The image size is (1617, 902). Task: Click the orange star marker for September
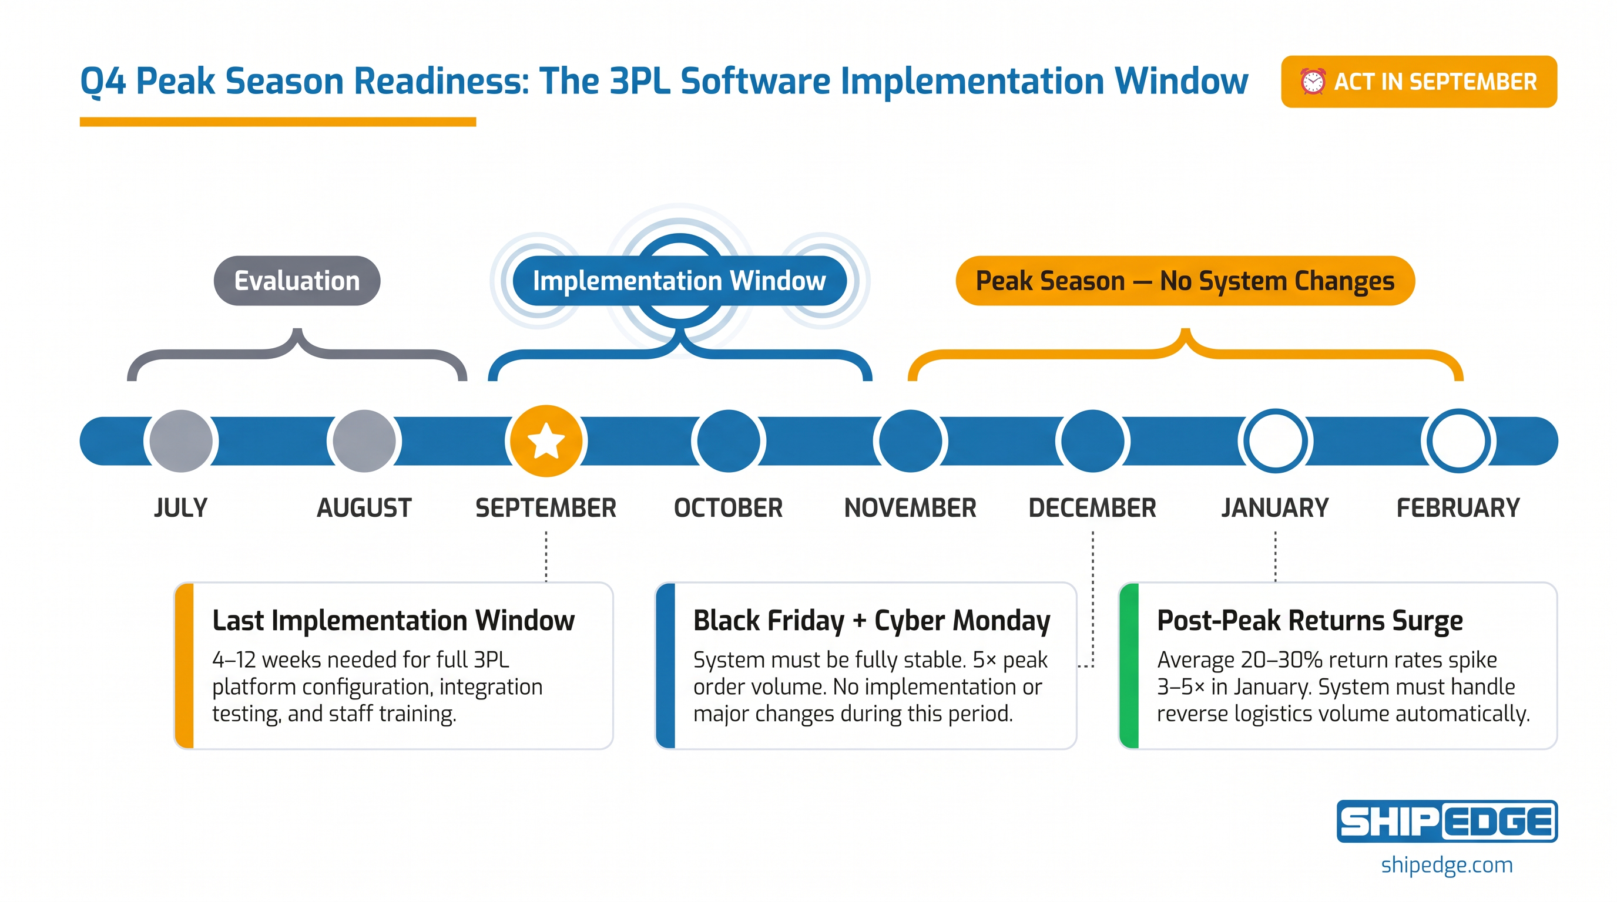pyautogui.click(x=545, y=441)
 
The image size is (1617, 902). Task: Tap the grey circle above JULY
pyautogui.click(x=181, y=441)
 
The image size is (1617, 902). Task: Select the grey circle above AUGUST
pyautogui.click(x=364, y=441)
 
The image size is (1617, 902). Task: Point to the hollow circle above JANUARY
pyautogui.click(x=1275, y=441)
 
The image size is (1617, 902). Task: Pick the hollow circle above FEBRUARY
pyautogui.click(x=1458, y=441)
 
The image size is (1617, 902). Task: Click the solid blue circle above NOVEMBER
pyautogui.click(x=910, y=441)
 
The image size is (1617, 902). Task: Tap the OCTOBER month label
pyautogui.click(x=728, y=508)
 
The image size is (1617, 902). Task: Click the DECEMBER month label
pyautogui.click(x=1092, y=508)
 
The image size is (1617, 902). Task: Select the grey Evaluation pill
pyautogui.click(x=297, y=280)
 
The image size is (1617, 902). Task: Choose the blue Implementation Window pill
pyautogui.click(x=679, y=280)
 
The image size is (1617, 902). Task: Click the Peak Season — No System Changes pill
pyautogui.click(x=1185, y=280)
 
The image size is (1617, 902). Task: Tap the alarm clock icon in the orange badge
pyautogui.click(x=1312, y=82)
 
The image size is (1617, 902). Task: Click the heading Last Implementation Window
pyautogui.click(x=394, y=620)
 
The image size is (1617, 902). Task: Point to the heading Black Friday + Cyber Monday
pyautogui.click(x=872, y=621)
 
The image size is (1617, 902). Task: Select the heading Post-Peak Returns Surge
pyautogui.click(x=1310, y=620)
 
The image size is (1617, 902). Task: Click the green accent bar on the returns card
pyautogui.click(x=1129, y=665)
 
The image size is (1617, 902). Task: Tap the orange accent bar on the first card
pyautogui.click(x=184, y=665)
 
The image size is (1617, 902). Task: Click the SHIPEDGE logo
pyautogui.click(x=1447, y=821)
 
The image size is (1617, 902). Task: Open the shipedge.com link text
pyautogui.click(x=1447, y=866)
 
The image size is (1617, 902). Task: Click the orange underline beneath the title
pyautogui.click(x=278, y=122)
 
